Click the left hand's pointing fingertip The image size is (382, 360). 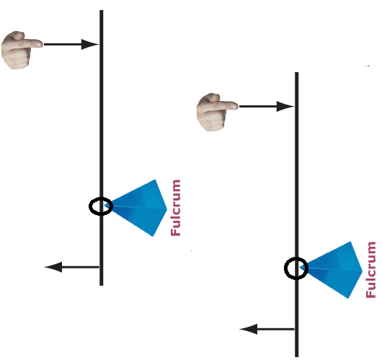41,44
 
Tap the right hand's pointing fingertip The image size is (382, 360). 236,106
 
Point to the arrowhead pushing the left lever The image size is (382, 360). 89,44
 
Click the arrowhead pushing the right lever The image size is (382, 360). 285,106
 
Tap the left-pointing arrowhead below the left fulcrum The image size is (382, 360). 53,267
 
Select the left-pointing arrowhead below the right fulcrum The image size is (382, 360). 249,329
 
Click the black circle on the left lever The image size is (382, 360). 89,206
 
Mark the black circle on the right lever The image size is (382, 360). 285,268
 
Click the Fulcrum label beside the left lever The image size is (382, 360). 176,208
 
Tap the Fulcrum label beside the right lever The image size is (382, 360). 370,270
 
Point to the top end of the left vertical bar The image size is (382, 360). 102,11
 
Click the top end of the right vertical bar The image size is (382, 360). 296,72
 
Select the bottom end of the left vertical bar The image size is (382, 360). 102,285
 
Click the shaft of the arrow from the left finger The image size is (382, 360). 63,44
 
